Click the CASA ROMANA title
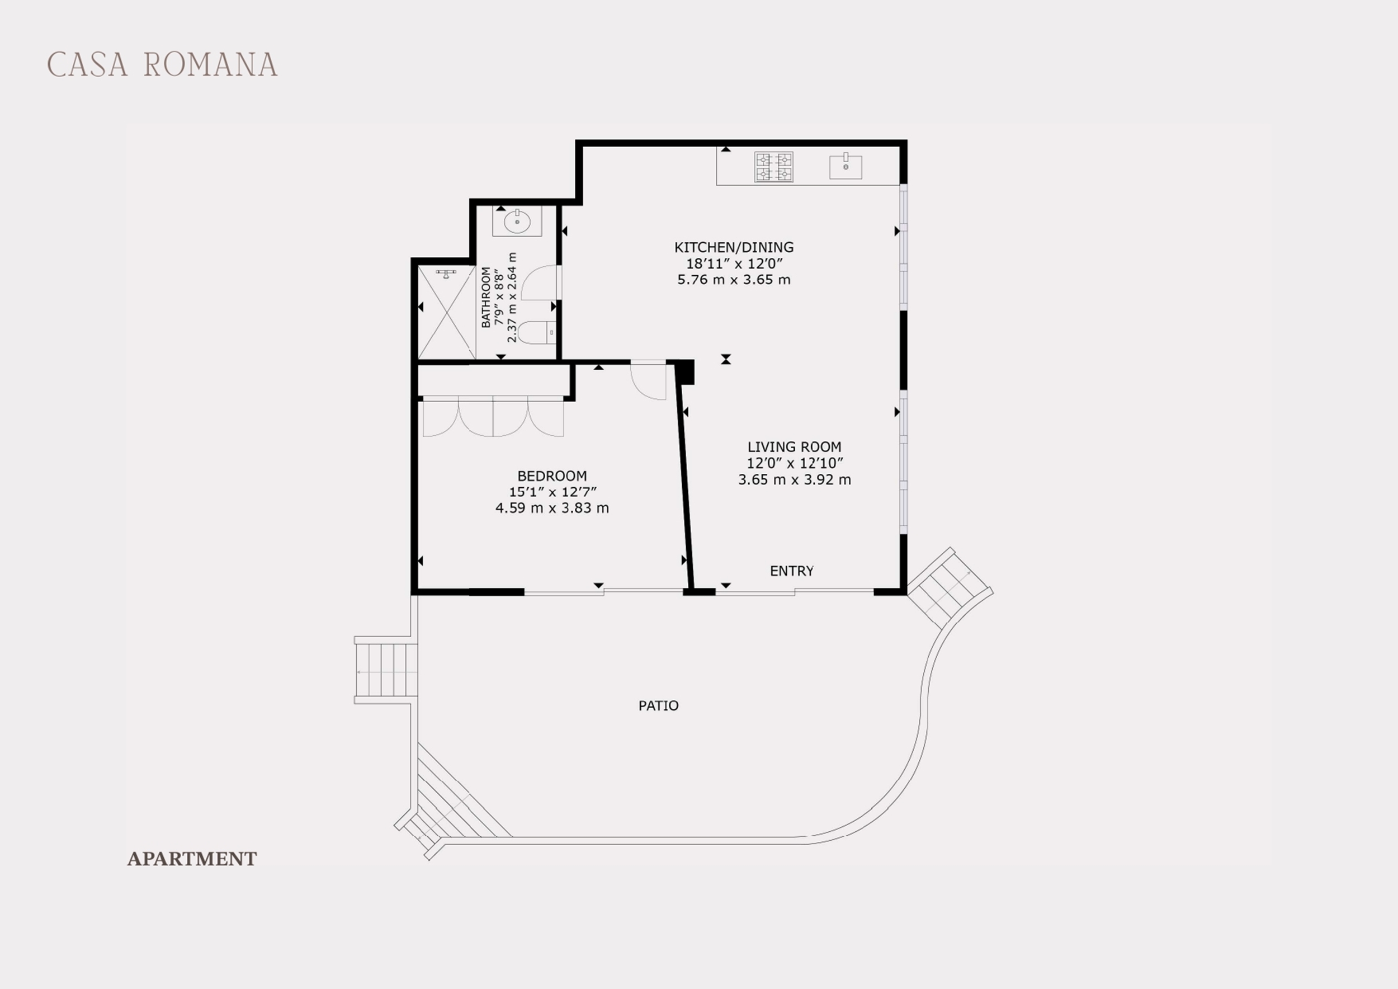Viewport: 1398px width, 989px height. tap(162, 64)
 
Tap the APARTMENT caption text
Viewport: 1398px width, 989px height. tap(192, 859)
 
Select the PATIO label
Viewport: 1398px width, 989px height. tap(658, 705)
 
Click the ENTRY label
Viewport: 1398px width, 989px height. tap(792, 571)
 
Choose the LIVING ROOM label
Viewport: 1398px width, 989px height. tap(794, 446)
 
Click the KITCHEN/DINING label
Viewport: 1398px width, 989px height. tap(734, 247)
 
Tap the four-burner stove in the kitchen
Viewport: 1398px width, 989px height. tap(774, 167)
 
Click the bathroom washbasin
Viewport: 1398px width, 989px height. tap(517, 221)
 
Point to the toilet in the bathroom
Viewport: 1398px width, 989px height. tap(536, 332)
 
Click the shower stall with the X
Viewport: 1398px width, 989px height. tap(446, 312)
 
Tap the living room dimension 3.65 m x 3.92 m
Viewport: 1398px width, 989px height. tap(794, 479)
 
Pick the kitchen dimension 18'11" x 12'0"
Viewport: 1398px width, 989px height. tap(734, 263)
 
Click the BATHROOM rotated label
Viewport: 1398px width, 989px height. tap(486, 297)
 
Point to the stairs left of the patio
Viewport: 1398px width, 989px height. tap(386, 670)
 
